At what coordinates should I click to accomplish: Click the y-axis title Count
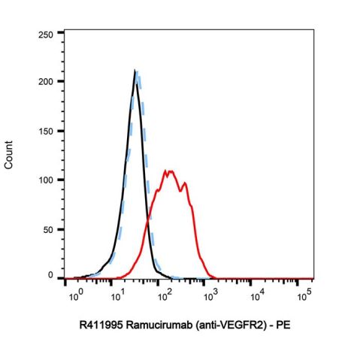pyautogui.click(x=10, y=156)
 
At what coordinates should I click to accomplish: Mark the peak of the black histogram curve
pyautogui.click(x=135, y=71)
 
